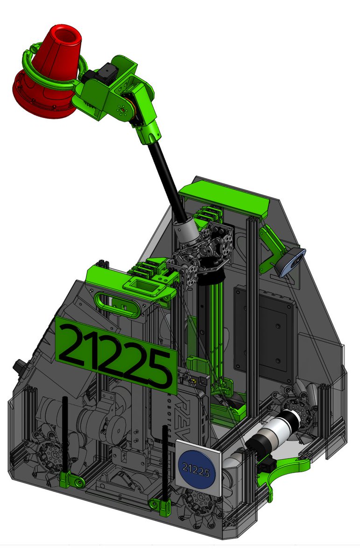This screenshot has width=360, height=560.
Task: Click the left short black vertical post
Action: click(x=65, y=434)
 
